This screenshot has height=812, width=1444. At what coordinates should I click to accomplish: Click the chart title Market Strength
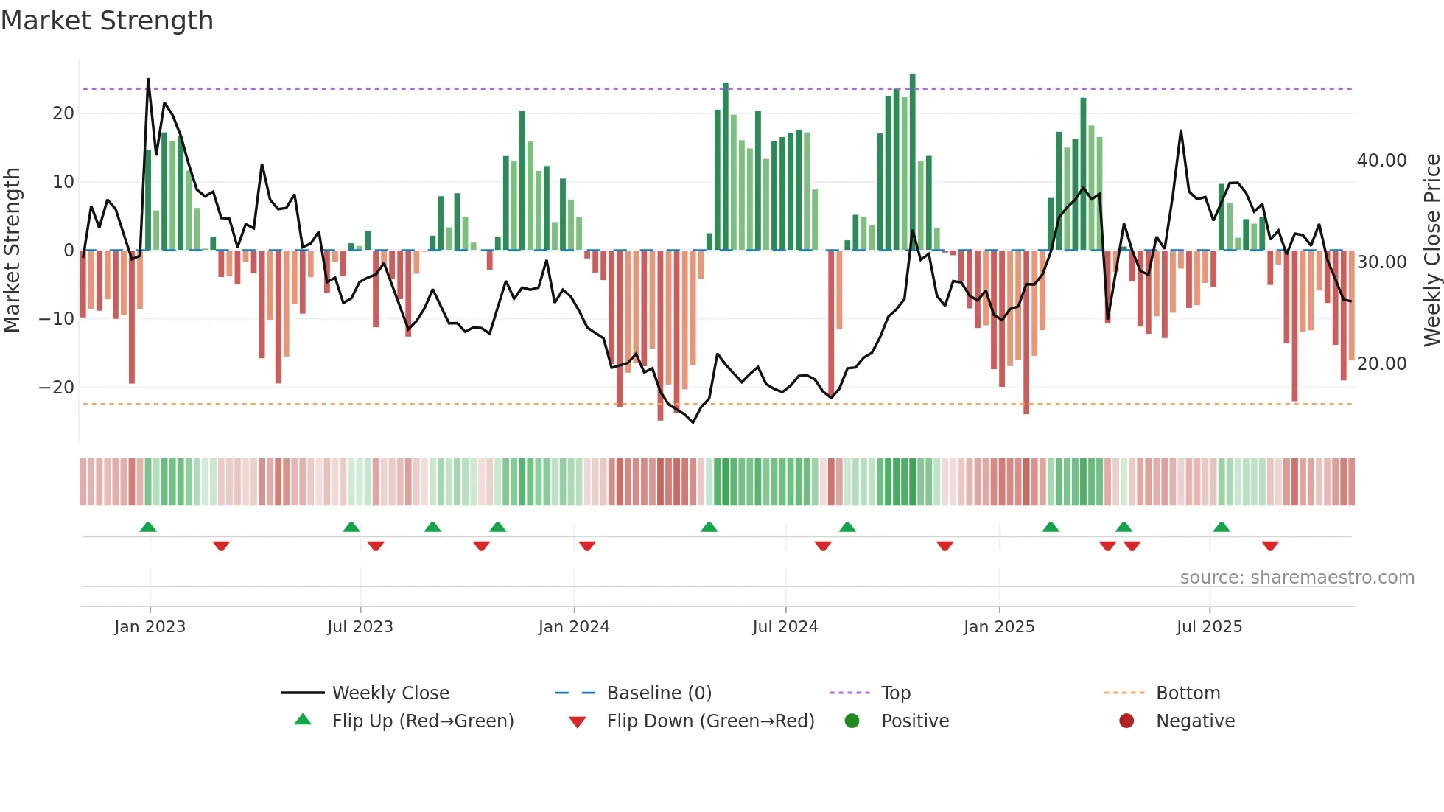107,21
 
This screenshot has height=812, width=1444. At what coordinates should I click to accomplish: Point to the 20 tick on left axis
63,113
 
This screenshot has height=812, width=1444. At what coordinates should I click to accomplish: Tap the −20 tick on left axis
57,388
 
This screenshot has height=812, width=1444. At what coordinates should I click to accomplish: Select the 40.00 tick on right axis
1381,161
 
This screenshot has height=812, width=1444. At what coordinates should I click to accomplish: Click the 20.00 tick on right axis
1381,364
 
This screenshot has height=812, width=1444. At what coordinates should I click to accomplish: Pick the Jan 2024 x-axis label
574,627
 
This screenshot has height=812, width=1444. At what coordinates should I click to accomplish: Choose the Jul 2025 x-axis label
1209,627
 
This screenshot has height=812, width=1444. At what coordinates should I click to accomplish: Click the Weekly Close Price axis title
1431,251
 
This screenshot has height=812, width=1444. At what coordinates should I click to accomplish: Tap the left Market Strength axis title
12,251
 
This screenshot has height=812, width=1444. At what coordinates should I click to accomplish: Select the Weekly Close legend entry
390,693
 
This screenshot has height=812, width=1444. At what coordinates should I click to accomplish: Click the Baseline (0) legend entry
659,693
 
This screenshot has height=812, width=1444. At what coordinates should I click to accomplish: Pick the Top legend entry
895,693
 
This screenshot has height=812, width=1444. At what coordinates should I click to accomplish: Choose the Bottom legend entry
1188,693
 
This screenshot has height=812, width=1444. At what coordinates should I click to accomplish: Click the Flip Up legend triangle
303,720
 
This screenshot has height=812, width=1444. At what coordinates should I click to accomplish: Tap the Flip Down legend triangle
578,722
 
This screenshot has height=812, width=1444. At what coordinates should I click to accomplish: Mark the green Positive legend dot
852,721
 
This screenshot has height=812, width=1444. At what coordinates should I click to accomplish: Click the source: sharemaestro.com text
1297,578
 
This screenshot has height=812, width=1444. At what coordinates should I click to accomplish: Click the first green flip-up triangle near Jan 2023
148,528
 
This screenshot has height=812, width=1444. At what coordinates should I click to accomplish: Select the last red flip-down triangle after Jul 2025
1269,546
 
